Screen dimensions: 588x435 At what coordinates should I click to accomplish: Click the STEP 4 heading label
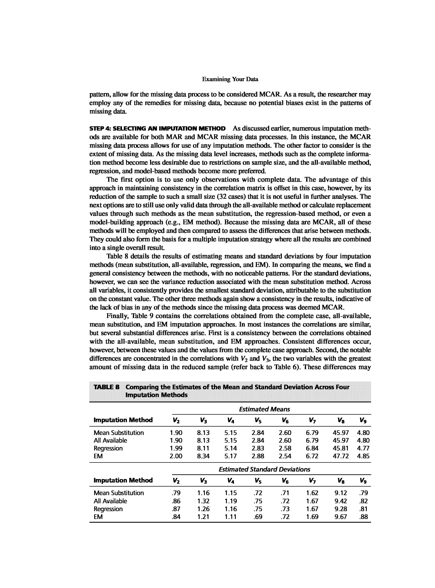pos(157,129)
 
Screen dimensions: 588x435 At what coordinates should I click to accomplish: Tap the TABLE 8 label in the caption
pos(106,387)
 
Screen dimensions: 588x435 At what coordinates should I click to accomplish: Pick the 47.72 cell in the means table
pos(340,456)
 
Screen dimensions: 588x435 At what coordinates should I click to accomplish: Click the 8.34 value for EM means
pos(203,456)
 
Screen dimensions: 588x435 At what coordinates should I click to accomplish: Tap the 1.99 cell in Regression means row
pos(176,448)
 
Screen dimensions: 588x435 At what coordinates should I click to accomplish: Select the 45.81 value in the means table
pos(340,448)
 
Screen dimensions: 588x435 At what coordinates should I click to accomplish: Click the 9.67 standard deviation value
pos(340,517)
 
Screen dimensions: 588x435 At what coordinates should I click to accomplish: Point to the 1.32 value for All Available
pos(203,501)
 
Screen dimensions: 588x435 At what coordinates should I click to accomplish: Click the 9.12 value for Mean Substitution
pos(340,493)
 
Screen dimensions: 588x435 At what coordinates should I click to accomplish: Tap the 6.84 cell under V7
pos(312,448)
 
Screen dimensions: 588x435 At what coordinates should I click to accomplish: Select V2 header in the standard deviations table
pos(176,481)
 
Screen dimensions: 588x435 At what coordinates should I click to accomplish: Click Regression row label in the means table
pos(108,448)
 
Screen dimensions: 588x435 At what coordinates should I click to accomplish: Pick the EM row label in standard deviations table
pos(98,517)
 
